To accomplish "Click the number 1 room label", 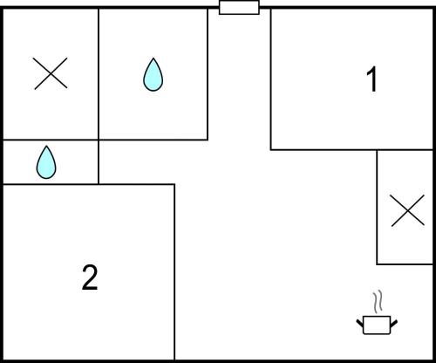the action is coord(372,79).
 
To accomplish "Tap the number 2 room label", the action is coord(90,277).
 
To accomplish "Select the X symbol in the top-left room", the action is coord(51,73).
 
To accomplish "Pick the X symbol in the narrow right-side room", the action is coord(407,210).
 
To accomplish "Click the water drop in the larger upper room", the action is coord(153,74).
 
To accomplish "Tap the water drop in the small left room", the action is coord(46,162).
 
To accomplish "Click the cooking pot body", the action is coord(377,325).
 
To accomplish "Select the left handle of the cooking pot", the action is coord(360,323).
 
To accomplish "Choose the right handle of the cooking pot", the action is coord(394,323).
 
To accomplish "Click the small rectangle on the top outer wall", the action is coord(239,7).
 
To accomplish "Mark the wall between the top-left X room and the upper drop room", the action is coord(99,74).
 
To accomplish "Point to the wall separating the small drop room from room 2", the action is coord(51,184).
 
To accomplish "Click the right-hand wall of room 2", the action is coord(174,272).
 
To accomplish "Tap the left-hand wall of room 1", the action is coord(271,79).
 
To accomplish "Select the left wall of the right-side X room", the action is coord(377,207).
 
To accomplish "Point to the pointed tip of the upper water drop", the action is coord(153,58).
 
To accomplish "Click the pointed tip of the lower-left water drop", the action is coord(46,146).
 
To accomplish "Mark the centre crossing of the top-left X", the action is coord(51,73).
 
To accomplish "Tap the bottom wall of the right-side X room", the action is coord(405,264).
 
